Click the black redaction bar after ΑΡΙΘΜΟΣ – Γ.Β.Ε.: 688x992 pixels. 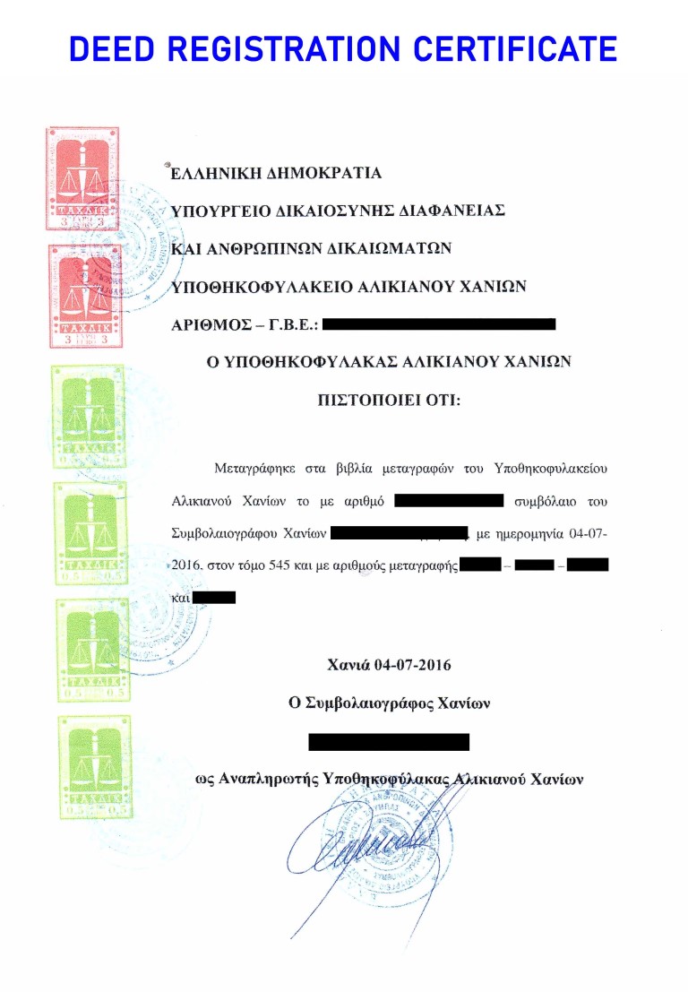439,324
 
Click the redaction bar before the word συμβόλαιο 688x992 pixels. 450,500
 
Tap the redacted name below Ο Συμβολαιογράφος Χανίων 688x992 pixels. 389,741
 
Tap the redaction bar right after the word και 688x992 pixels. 214,597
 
